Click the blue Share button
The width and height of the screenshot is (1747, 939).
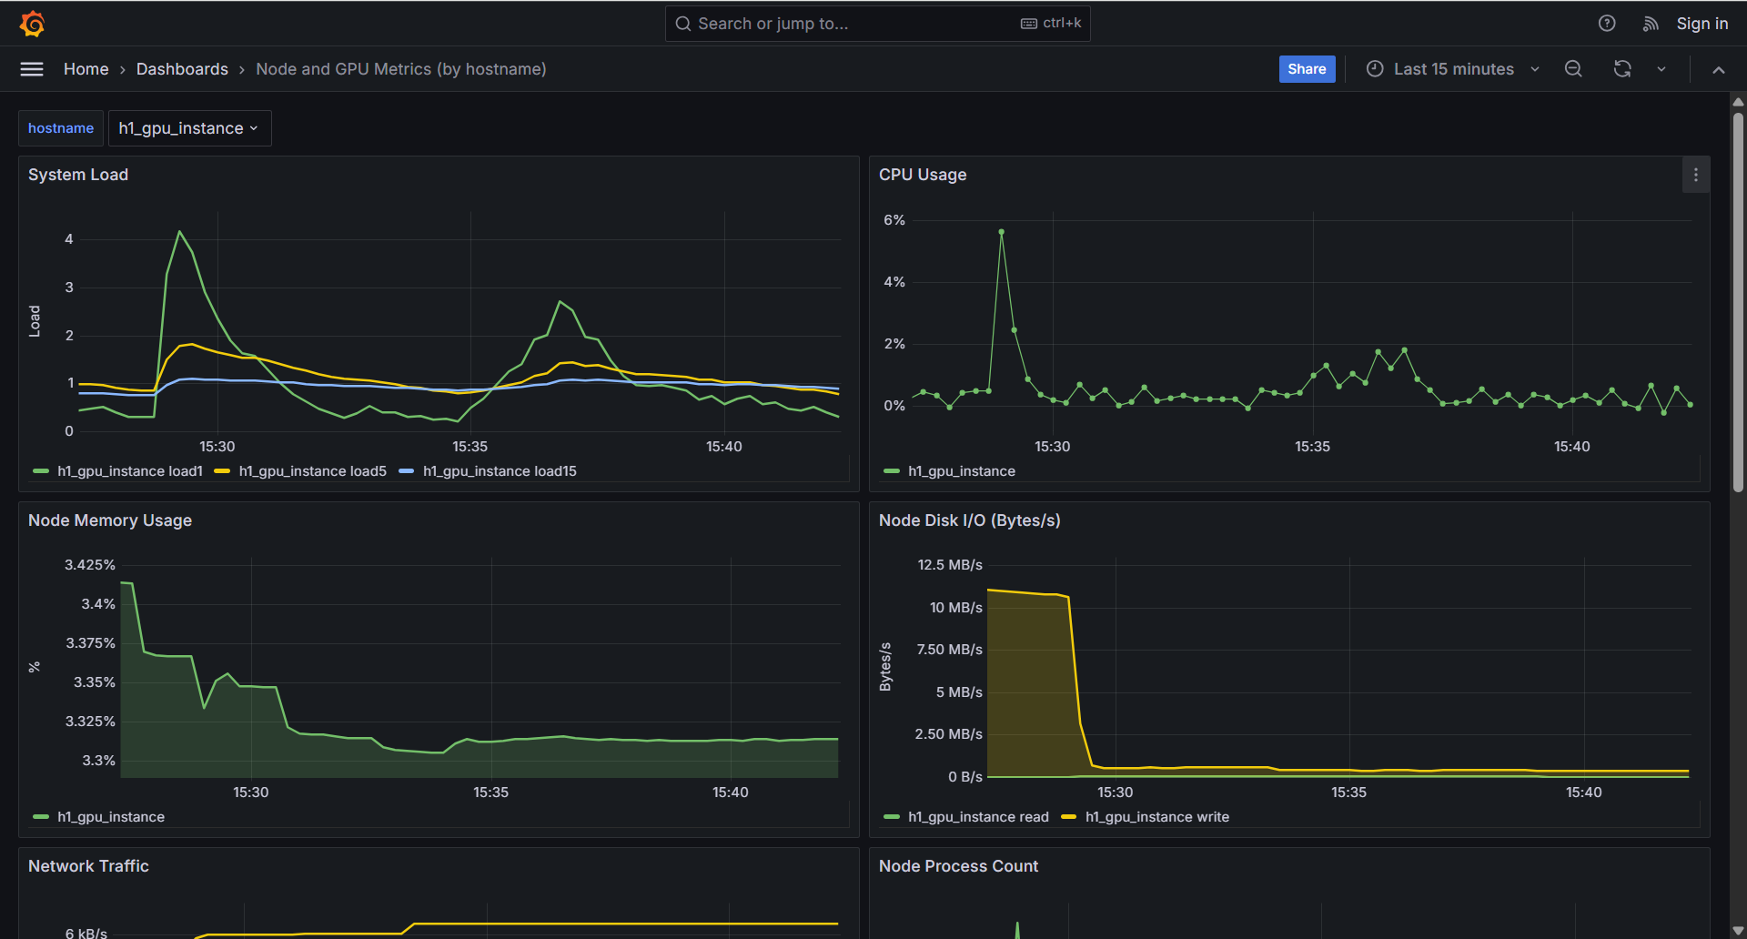tap(1307, 69)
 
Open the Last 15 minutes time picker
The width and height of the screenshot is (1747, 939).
tap(1453, 69)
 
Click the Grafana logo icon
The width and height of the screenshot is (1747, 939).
tap(33, 24)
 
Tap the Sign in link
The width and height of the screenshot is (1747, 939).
tap(1702, 24)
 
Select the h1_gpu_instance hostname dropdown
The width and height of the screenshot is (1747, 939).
tap(189, 128)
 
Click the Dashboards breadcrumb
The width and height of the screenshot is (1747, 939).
tap(182, 69)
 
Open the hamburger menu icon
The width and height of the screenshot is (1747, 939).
tap(32, 69)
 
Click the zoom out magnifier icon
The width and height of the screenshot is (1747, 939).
tap(1573, 69)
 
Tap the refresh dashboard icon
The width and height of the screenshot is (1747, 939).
tap(1622, 69)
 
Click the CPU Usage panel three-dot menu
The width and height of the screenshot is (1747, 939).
tap(1695, 175)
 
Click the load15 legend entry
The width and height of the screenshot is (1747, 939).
tap(499, 471)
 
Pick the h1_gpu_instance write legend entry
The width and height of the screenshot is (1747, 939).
tap(1156, 817)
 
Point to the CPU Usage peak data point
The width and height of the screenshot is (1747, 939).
tap(1001, 232)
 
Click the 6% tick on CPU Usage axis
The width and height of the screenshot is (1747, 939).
tap(894, 220)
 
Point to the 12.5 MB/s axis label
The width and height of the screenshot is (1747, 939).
tap(950, 565)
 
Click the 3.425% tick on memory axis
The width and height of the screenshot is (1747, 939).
tap(90, 565)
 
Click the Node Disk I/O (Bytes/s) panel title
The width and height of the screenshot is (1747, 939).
tap(969, 520)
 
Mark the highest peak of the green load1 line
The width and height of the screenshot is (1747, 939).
tap(179, 231)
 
